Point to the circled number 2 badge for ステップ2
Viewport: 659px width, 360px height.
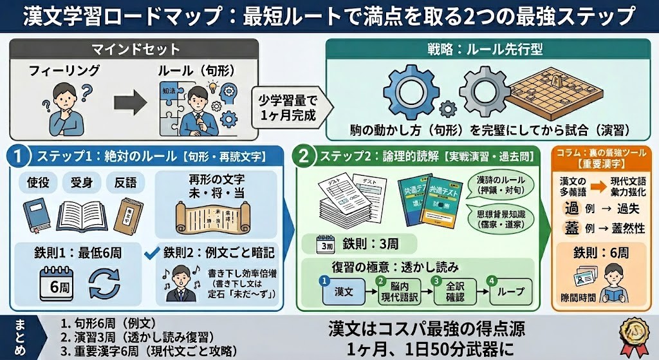[x=304, y=156]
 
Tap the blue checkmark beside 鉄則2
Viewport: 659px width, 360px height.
[x=152, y=251]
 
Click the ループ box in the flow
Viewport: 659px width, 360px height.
[x=510, y=292]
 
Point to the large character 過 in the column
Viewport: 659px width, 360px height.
[x=571, y=209]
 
